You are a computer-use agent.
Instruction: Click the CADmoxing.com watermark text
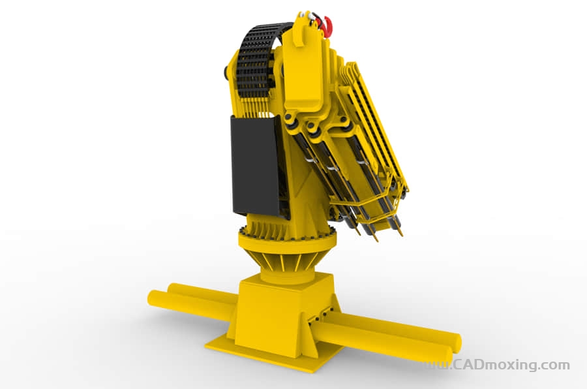pos(511,364)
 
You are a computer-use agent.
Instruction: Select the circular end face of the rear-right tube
pos(457,342)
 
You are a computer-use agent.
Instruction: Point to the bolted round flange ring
pos(286,240)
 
